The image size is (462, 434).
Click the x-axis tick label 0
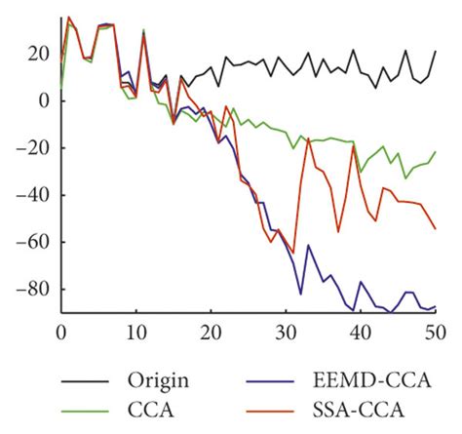coord(60,331)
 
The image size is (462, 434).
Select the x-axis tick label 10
coord(135,331)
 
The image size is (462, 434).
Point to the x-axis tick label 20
coord(210,331)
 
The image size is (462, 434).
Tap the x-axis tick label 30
coord(285,331)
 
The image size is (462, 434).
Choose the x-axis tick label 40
coord(360,331)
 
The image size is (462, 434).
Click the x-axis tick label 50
coord(435,331)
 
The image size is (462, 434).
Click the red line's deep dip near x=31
coord(293,253)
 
